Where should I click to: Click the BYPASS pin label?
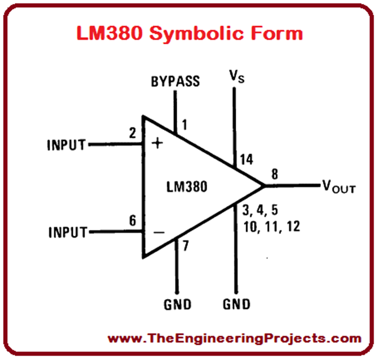point(175,81)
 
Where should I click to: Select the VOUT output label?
point(339,187)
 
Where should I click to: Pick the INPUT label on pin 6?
point(67,231)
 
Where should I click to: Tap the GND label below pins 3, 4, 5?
point(236,303)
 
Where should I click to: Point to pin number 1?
point(184,125)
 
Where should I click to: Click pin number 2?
point(132,132)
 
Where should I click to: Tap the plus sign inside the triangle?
point(157,143)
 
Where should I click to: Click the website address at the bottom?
point(234,338)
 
